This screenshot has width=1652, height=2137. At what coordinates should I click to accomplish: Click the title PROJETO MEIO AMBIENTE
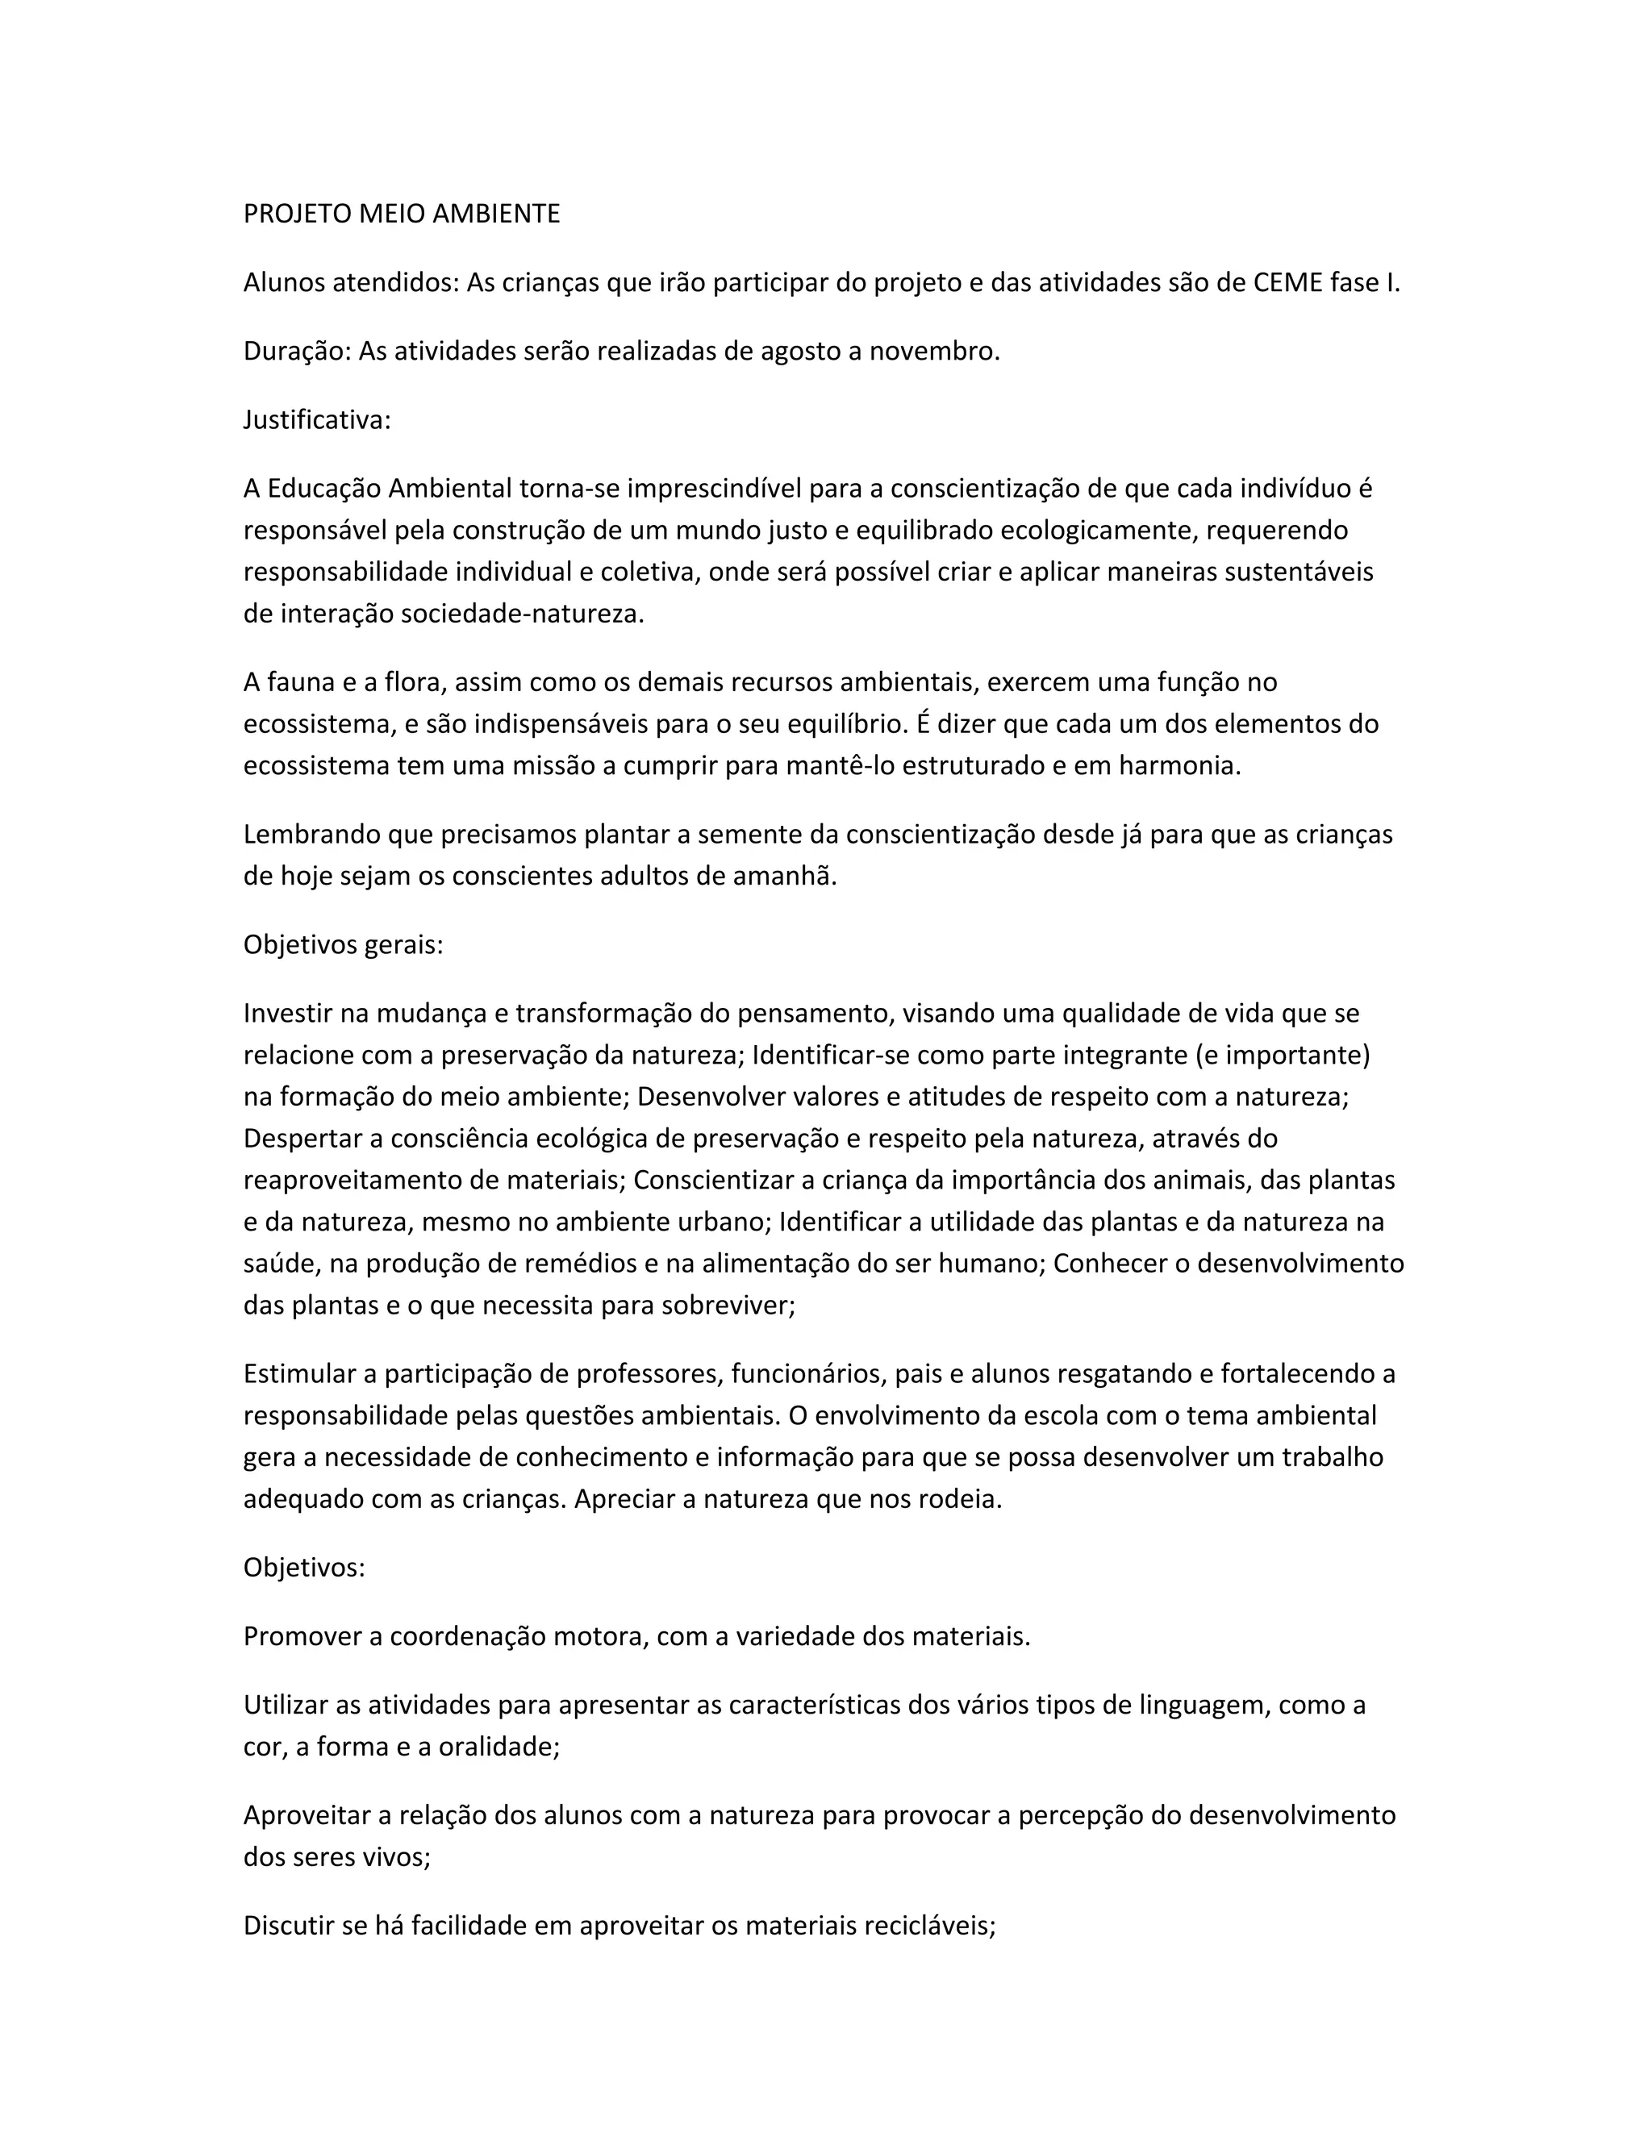(x=401, y=215)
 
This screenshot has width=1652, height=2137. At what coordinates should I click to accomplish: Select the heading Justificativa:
(x=317, y=420)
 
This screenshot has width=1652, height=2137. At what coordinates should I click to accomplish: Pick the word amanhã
(x=786, y=876)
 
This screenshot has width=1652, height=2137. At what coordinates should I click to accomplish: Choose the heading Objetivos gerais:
(x=344, y=945)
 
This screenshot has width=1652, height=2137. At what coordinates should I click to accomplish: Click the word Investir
(x=289, y=1014)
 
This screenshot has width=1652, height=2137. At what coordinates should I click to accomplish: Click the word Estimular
(x=299, y=1374)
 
